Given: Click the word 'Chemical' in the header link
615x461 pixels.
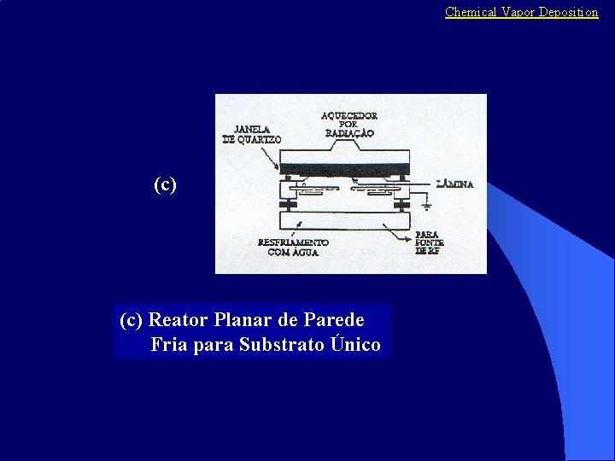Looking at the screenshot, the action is coord(471,12).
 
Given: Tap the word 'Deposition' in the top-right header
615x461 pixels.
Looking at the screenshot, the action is coord(568,12).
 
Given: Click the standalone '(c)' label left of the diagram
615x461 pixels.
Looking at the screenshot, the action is coord(165,184).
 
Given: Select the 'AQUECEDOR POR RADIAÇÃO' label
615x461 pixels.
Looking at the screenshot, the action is coord(349,124).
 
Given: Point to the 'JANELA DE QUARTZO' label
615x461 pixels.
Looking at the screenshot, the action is coord(253,135).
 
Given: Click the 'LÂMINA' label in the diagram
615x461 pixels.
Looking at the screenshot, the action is coord(455,184).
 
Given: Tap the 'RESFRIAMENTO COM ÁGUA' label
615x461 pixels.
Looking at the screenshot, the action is coord(293,247).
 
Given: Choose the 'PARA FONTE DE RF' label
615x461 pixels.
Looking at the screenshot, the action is coord(429,242).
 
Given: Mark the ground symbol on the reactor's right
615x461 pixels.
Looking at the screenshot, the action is coord(428,204).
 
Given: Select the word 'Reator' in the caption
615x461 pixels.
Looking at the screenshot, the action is coord(179,320).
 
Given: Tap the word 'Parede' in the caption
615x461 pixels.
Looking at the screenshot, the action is coord(334,320).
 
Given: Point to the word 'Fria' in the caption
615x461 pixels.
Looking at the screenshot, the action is coord(169,345).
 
